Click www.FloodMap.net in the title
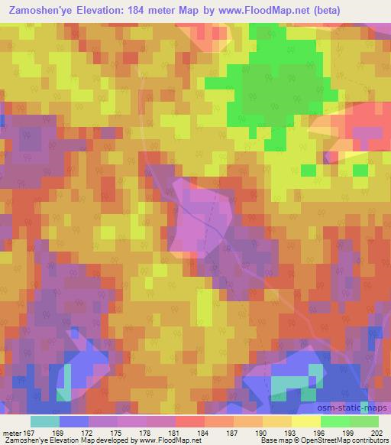257,10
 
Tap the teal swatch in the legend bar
44,422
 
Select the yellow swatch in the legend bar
306,422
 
